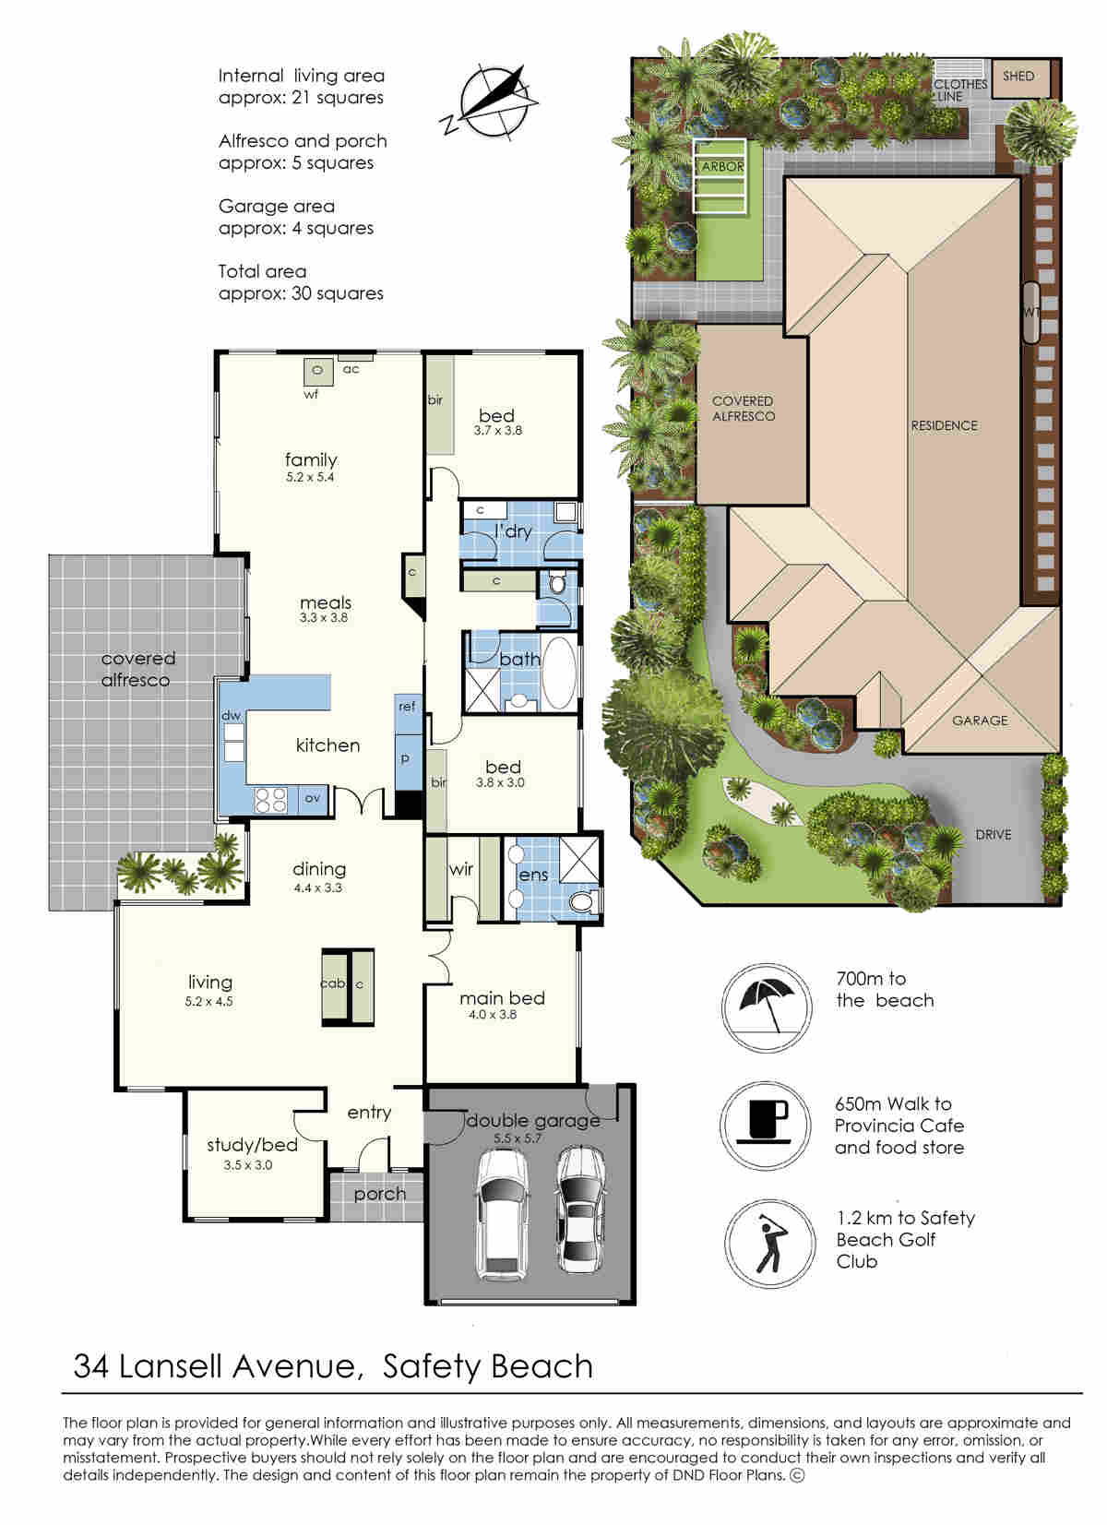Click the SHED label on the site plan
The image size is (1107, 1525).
point(1018,77)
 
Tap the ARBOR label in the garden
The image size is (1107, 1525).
point(722,167)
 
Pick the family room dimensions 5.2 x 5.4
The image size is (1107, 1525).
point(310,477)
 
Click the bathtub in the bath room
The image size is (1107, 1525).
point(559,673)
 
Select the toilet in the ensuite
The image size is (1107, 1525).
point(581,902)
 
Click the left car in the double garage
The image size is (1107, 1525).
point(503,1214)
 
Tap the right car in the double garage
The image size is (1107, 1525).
point(580,1210)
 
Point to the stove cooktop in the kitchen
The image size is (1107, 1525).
point(270,799)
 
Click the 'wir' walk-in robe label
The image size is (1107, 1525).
point(461,869)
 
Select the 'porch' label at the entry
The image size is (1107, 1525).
point(379,1194)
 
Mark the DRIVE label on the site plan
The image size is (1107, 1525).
point(993,835)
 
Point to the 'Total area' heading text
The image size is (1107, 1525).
point(262,271)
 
